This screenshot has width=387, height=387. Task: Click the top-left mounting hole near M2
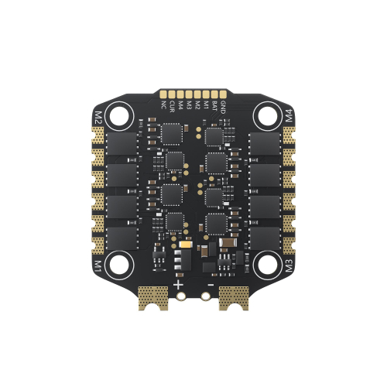[x=122, y=117]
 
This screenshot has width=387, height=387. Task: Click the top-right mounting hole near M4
[x=265, y=117]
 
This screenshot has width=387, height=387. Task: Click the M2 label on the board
[x=98, y=118]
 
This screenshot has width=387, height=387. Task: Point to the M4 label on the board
[x=289, y=118]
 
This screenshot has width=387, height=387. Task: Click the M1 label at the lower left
[x=98, y=267]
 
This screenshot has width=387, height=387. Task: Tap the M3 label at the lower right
[x=289, y=267]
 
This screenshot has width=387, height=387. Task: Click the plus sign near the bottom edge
[x=179, y=283]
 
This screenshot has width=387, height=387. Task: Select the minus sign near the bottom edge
[x=207, y=283]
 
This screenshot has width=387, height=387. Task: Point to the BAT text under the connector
[x=214, y=105]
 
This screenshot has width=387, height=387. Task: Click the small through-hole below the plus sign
[x=180, y=296]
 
